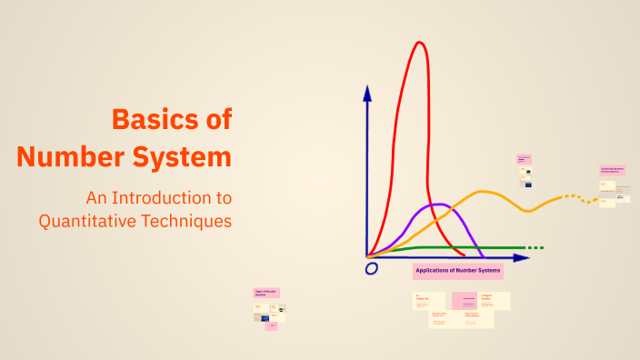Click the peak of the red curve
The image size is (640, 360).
point(420,43)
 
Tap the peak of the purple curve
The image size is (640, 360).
point(435,205)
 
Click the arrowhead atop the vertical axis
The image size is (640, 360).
point(367,92)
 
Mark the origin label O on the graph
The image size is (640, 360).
point(371,269)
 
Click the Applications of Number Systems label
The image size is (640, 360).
point(457,271)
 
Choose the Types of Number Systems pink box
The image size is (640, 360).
point(266,293)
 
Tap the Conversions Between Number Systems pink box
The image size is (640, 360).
point(613,170)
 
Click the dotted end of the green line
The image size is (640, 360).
point(535,247)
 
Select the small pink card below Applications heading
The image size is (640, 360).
point(465,300)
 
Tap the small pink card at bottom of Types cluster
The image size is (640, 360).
point(271,325)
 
